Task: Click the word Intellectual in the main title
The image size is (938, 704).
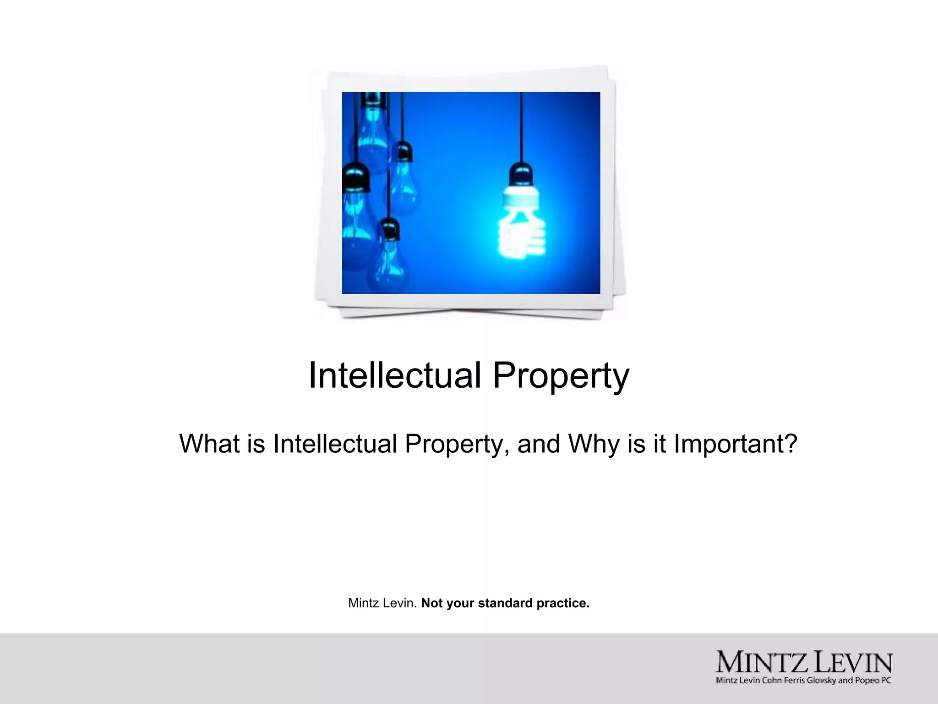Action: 395,375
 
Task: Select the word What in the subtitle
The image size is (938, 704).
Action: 209,444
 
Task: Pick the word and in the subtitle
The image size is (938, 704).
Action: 539,444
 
